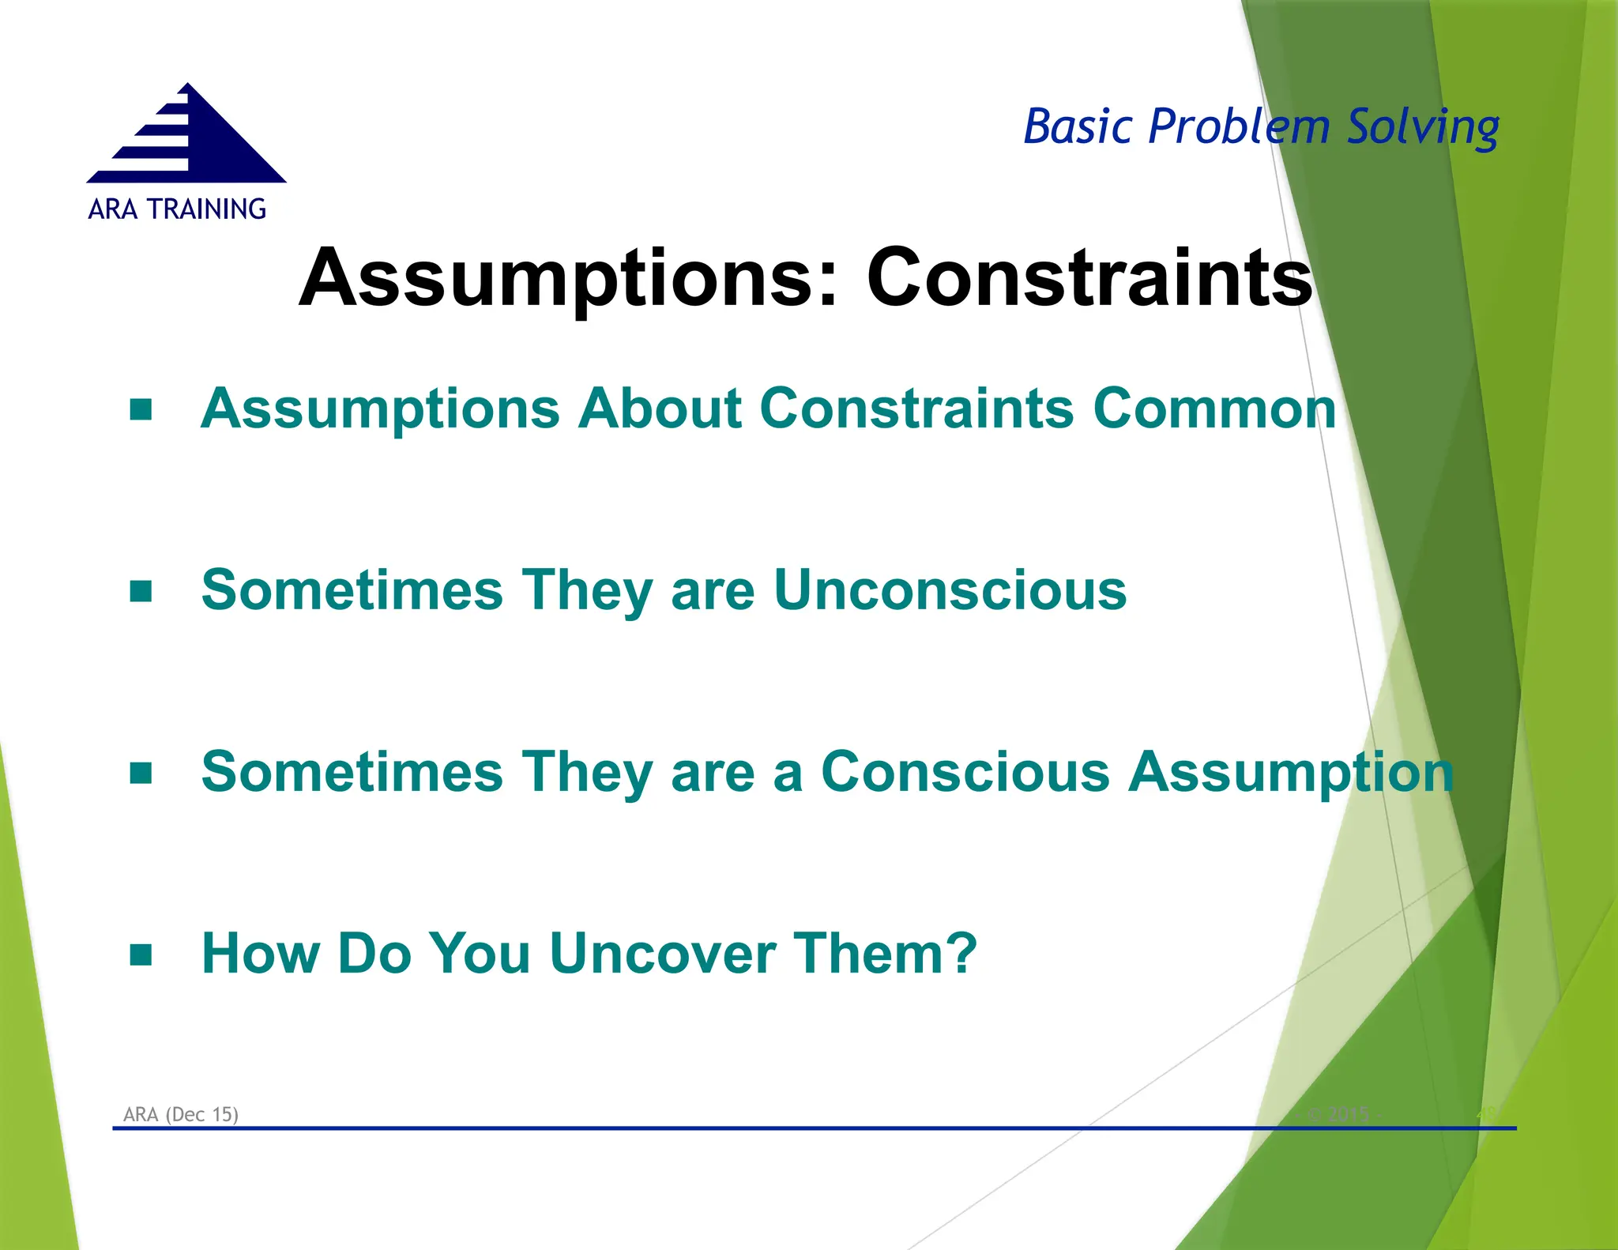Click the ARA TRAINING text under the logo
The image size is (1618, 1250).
[x=177, y=209]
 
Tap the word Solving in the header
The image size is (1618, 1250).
[x=1422, y=126]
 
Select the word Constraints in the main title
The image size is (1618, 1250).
[x=1089, y=277]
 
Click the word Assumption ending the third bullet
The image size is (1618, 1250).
[x=1291, y=772]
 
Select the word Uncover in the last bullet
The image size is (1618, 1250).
[x=663, y=953]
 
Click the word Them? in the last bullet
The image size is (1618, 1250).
[x=885, y=953]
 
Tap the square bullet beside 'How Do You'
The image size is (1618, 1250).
[x=141, y=954]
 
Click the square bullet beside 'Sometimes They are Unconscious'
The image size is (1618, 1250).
[x=141, y=591]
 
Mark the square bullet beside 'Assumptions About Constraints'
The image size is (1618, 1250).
[x=141, y=409]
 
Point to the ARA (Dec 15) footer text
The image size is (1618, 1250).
[x=181, y=1114]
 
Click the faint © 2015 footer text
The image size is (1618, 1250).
[x=1342, y=1114]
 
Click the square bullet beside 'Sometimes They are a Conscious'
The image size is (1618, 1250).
[x=141, y=773]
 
